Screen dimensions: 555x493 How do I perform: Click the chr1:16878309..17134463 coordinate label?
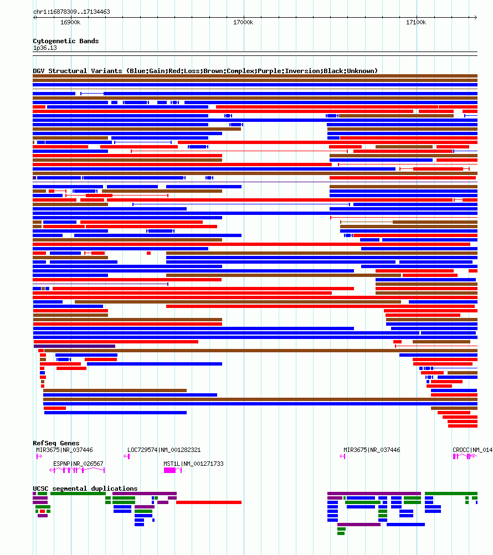71,12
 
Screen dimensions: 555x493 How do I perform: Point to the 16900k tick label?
70,23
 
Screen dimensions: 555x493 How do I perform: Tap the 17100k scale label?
416,23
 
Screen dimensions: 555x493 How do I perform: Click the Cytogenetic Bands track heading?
65,41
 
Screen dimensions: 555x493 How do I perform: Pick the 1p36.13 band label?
45,48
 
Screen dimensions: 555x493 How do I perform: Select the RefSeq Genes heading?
56,443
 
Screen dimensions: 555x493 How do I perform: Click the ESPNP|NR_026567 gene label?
78,464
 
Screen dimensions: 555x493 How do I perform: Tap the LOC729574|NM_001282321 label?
164,450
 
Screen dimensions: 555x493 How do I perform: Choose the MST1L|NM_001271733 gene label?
193,464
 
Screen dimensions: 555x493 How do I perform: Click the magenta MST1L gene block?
170,470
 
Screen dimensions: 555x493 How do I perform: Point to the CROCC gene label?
472,450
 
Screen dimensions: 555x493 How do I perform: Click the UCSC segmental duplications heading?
85,489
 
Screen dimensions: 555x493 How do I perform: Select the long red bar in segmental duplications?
208,502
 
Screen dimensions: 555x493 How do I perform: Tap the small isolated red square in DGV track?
148,253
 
